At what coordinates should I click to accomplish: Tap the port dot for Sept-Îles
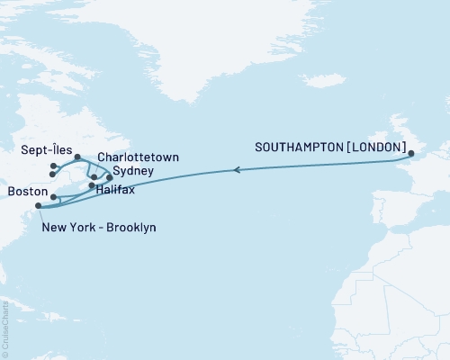coord(78,157)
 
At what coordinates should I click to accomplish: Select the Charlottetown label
coord(137,157)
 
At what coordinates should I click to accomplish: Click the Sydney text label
coord(133,170)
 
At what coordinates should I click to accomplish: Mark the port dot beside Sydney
coord(110,177)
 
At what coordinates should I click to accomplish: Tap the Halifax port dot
coord(92,186)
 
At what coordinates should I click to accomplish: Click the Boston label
coord(26,192)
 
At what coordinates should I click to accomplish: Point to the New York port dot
coord(38,207)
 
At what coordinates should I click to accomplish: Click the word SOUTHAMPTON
coord(299,147)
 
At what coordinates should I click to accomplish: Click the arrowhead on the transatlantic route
coord(237,169)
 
